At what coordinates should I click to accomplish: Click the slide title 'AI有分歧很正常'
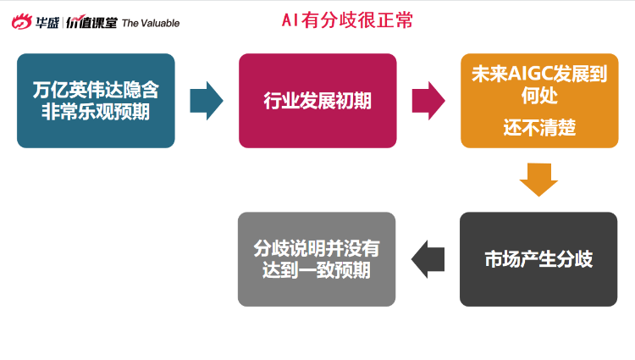point(347,19)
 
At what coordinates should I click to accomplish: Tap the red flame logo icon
point(21,21)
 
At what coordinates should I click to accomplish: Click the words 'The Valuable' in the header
point(151,23)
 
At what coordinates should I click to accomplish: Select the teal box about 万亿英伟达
point(96,101)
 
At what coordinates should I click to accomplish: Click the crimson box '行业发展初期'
point(317,101)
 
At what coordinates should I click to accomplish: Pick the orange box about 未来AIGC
point(539,101)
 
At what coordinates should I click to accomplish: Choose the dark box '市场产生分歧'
point(538,259)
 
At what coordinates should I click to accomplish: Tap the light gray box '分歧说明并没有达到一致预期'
point(317,259)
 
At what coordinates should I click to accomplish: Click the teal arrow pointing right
point(207,101)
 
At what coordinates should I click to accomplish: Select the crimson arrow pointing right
point(428,101)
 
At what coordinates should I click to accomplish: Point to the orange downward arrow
point(538,180)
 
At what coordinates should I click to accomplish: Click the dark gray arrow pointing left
point(428,259)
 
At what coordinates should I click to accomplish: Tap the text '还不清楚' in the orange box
point(539,128)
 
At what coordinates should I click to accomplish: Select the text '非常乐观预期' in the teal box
point(96,112)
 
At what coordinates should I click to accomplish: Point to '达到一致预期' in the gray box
point(317,270)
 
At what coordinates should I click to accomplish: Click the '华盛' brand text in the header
point(47,23)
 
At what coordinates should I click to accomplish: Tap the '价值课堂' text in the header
point(92,22)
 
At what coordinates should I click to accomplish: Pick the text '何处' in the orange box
point(539,96)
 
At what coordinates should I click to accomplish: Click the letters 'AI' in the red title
point(290,20)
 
